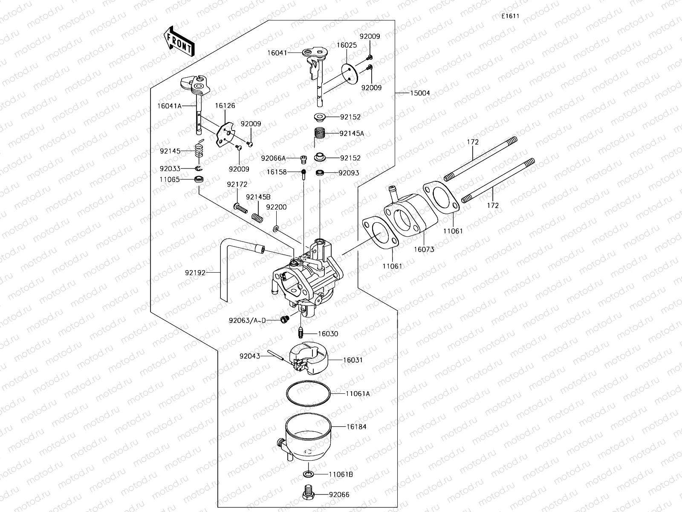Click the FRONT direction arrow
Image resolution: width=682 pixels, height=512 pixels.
click(179, 41)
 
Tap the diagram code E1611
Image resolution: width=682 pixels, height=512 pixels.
click(510, 16)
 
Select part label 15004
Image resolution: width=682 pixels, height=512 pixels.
click(421, 93)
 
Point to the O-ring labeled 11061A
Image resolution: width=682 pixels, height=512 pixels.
click(308, 393)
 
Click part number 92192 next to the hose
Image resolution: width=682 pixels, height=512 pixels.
click(195, 272)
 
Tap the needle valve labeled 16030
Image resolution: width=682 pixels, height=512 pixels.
click(300, 332)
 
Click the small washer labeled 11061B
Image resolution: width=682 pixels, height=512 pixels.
click(308, 474)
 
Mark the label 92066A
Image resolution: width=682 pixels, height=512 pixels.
click(273, 158)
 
